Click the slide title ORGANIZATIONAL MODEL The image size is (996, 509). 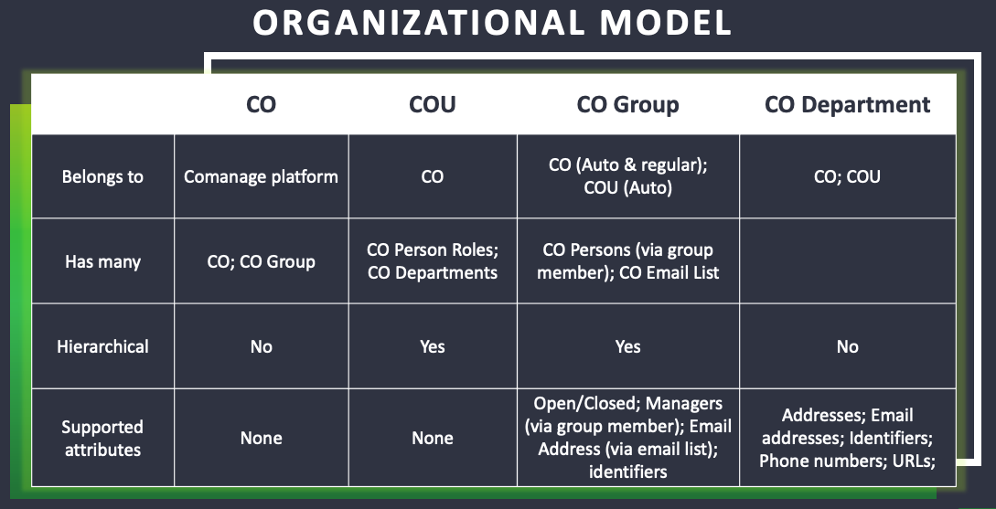pos(492,22)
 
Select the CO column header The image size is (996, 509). pos(261,104)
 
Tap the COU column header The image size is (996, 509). pos(432,104)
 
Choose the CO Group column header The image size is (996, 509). pos(627,105)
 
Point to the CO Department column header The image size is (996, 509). pos(847,105)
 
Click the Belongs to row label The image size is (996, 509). pos(102,176)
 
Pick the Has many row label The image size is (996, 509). pos(102,261)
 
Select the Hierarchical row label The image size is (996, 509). pos(102,346)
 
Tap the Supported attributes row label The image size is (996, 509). pos(102,438)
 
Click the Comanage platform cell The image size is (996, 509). pos(261,176)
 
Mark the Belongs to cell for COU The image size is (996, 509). pos(432,176)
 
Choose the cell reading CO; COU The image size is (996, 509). pos(847,176)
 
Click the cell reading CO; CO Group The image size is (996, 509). pos(261,261)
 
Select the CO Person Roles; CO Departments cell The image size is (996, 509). pos(433,260)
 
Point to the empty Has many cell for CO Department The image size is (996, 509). pos(847,260)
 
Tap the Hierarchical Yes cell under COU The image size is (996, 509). pos(432,346)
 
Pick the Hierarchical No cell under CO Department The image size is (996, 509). pos(847,346)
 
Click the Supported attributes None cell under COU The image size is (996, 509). pos(432,438)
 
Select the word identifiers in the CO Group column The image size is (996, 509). pos(627,472)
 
